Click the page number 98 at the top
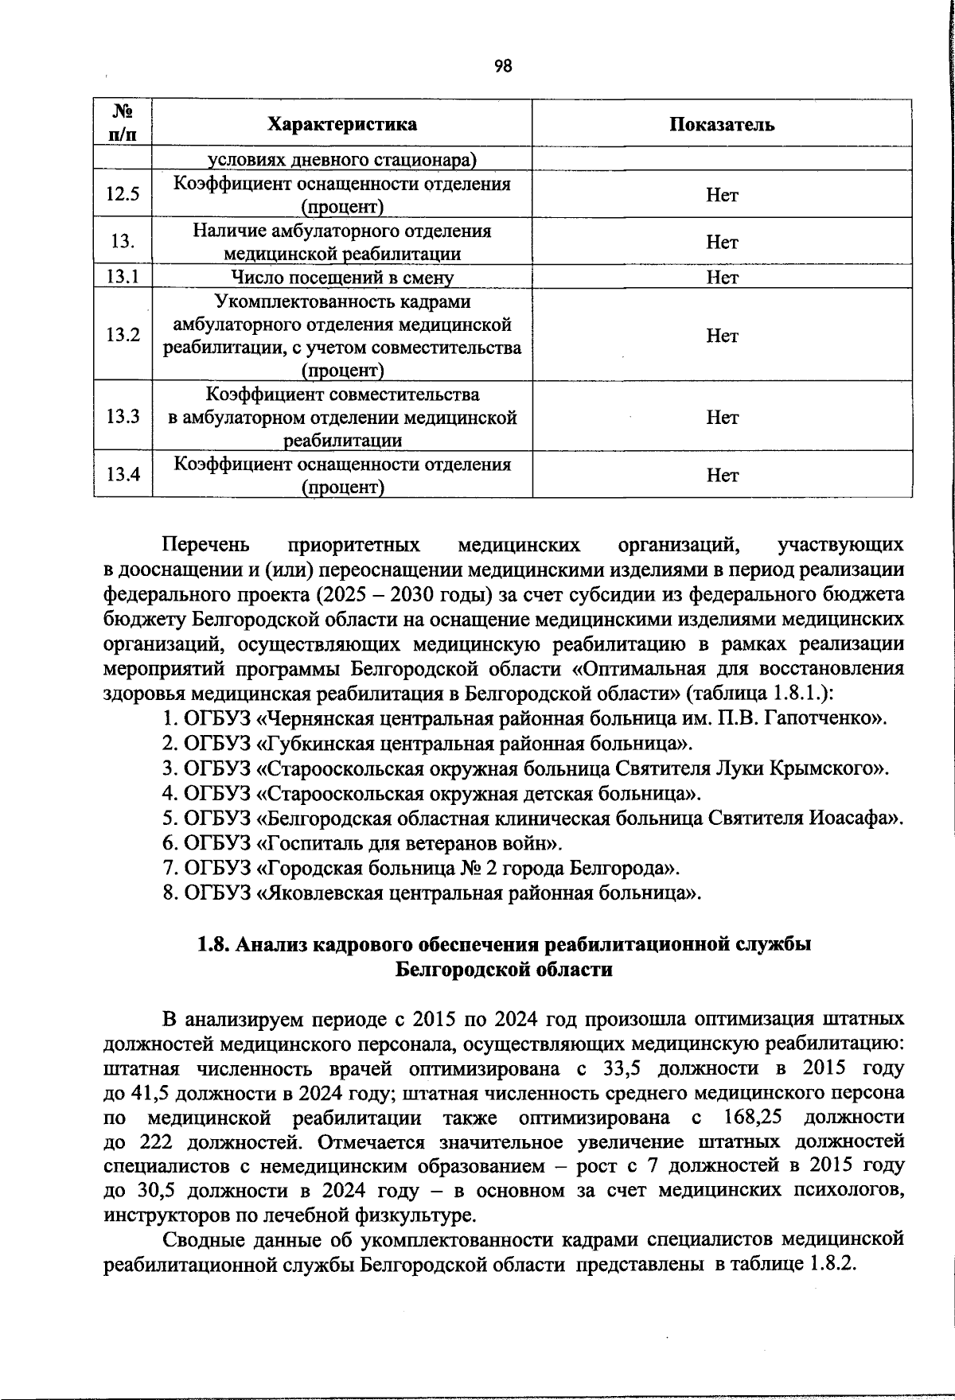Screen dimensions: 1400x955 pyautogui.click(x=503, y=66)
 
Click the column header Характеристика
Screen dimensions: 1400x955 pyautogui.click(x=342, y=124)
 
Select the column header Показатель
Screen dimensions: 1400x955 pyautogui.click(x=721, y=124)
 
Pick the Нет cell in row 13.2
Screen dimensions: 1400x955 pyautogui.click(x=721, y=336)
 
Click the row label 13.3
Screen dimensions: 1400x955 pyautogui.click(x=123, y=417)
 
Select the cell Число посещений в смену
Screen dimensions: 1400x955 pyautogui.click(x=342, y=278)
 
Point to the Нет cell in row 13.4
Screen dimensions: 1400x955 pyautogui.click(x=721, y=475)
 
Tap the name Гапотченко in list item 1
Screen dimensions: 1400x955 pyautogui.click(x=824, y=719)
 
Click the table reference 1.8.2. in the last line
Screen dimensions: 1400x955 pyautogui.click(x=832, y=1265)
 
